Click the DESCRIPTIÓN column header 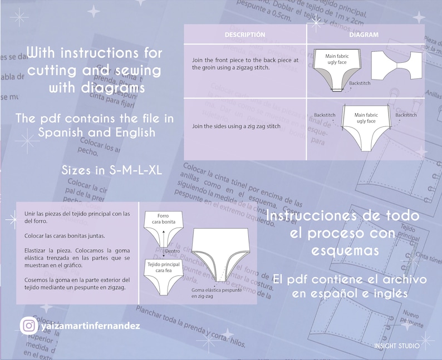coord(244,34)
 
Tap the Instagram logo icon coord(28,326)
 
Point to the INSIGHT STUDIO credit coord(397,346)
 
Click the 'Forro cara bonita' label coord(164,219)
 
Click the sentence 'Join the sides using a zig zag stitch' coord(236,126)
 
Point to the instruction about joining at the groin coord(245,63)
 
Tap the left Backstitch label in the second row coord(324,115)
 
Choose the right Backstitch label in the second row coord(406,115)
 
